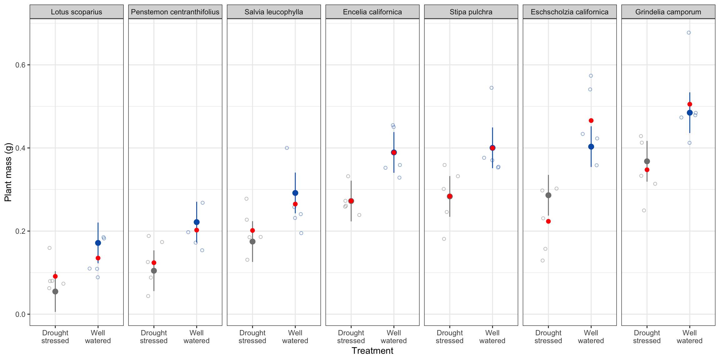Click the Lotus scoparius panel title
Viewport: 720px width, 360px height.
[x=76, y=12]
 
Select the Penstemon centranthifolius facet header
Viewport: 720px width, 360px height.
[x=175, y=12]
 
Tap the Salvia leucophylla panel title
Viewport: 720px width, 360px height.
[x=273, y=12]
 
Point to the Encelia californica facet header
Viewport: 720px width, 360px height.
[x=372, y=12]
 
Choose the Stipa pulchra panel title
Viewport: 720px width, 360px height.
[x=471, y=12]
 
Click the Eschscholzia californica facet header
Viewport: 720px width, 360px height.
[x=569, y=12]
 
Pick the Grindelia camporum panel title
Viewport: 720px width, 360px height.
[x=668, y=12]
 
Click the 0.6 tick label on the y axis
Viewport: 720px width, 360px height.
[x=20, y=65]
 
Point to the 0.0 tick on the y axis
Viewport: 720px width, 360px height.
[x=20, y=314]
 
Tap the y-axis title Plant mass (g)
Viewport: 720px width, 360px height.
[x=8, y=172]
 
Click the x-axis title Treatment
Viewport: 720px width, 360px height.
[x=372, y=351]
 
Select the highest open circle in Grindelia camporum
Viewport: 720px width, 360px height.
[x=689, y=33]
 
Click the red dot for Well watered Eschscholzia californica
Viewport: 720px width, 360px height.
[x=591, y=121]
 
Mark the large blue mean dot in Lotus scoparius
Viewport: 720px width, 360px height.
[x=98, y=243]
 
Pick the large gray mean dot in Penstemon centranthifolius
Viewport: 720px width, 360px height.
[x=154, y=271]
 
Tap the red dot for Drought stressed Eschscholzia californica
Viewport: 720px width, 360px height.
[x=548, y=221]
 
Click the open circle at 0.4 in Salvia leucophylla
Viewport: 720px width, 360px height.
[x=287, y=148]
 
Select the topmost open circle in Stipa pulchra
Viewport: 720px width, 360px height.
[x=492, y=88]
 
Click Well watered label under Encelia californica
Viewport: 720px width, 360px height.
[x=394, y=337]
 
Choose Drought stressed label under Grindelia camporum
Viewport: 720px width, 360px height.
[x=647, y=337]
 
